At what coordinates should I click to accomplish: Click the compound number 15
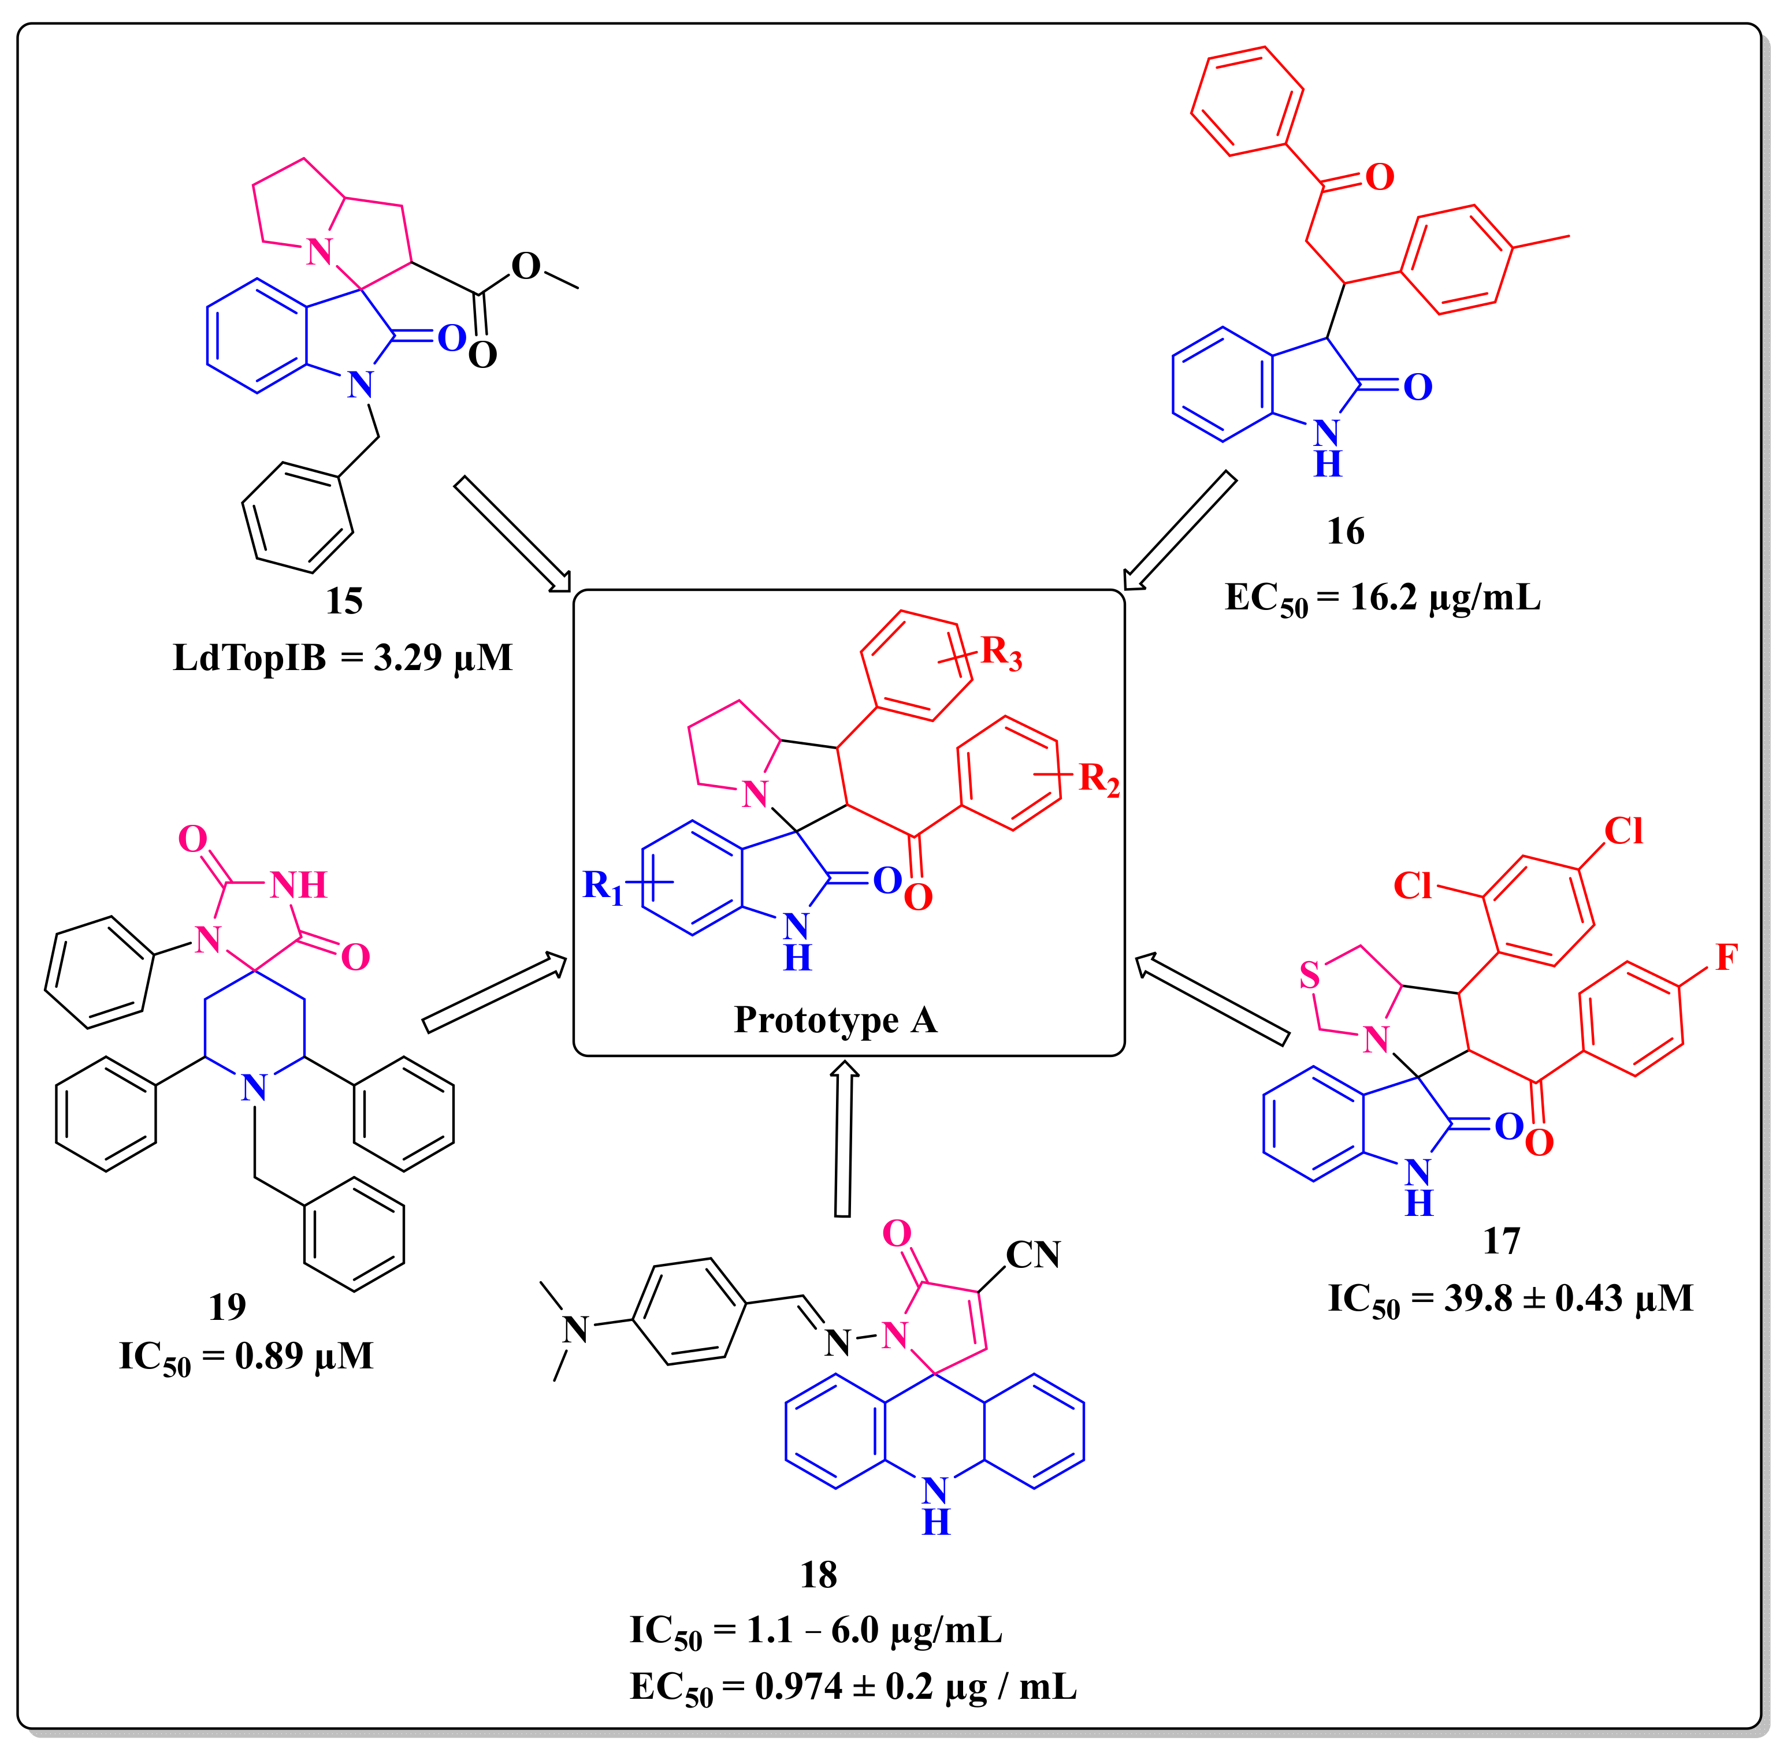pyautogui.click(x=344, y=601)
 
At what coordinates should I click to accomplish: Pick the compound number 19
pyautogui.click(x=227, y=1306)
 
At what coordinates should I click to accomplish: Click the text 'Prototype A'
pyautogui.click(x=835, y=1020)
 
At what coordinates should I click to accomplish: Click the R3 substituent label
pyautogui.click(x=1001, y=653)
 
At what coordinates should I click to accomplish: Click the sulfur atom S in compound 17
pyautogui.click(x=1310, y=975)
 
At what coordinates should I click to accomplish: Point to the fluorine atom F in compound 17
pyautogui.click(x=1726, y=958)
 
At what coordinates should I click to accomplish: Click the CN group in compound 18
pyautogui.click(x=1033, y=1254)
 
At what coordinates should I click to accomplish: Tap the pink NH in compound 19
pyautogui.click(x=299, y=886)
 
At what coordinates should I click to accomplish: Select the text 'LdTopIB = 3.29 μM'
pyautogui.click(x=343, y=657)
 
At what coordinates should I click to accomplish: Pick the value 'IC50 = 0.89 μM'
pyautogui.click(x=246, y=1357)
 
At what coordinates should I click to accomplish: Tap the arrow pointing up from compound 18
pyautogui.click(x=843, y=1140)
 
